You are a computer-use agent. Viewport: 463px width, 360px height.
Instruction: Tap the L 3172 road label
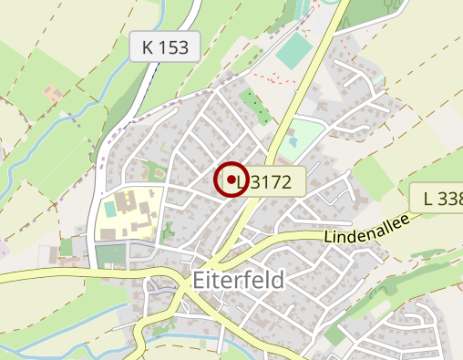[x=263, y=182]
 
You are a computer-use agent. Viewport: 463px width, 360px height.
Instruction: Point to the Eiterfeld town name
[x=240, y=279]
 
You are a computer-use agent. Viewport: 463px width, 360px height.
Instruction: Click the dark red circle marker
[x=231, y=179]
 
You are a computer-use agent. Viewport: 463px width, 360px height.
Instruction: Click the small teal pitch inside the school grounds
[x=110, y=209]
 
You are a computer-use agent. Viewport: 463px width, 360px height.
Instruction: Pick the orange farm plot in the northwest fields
[x=53, y=94]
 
